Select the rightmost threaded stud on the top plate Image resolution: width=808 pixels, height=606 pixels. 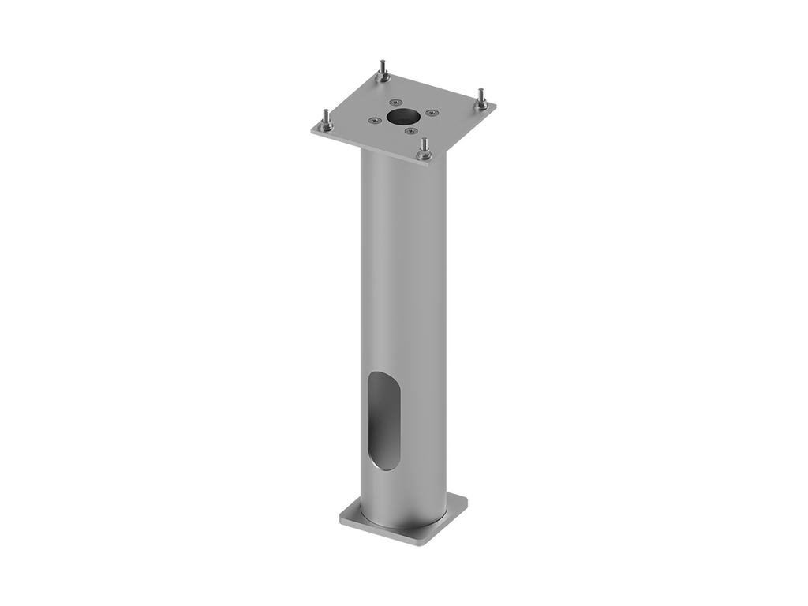point(481,96)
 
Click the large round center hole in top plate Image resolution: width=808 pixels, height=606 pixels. point(403,117)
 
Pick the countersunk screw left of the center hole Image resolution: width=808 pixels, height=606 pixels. point(374,121)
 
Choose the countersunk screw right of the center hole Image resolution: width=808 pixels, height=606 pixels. point(431,113)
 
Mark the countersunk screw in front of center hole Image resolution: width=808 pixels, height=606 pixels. point(410,131)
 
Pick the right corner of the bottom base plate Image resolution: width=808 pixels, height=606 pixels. point(467,499)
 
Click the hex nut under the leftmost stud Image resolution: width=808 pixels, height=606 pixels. point(325,128)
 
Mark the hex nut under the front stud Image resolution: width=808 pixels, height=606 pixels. point(425,155)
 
